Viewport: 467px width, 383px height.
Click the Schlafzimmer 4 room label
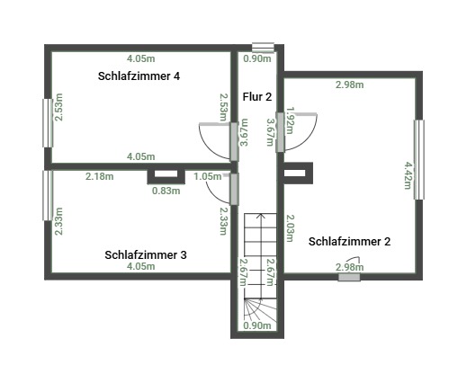click(139, 76)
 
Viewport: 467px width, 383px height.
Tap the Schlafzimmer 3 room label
click(146, 255)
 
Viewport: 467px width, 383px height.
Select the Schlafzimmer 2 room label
click(349, 242)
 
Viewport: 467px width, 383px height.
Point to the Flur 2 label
click(257, 97)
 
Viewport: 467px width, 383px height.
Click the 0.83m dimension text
click(166, 191)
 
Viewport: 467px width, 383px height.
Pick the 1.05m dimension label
click(208, 176)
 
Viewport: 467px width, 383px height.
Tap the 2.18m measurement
click(100, 176)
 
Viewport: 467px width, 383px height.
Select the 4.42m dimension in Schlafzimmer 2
click(408, 175)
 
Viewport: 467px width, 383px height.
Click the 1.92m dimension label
click(291, 120)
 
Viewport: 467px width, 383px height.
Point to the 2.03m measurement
click(291, 228)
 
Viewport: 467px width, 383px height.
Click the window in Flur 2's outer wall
click(263, 48)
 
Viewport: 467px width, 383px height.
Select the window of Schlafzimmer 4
click(48, 123)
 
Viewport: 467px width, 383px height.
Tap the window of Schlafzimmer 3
click(48, 195)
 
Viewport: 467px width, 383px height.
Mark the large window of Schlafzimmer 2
click(419, 160)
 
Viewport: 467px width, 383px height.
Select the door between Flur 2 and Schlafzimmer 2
click(280, 132)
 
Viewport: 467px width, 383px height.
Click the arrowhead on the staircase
click(261, 216)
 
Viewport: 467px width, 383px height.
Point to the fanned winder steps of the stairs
click(260, 311)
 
